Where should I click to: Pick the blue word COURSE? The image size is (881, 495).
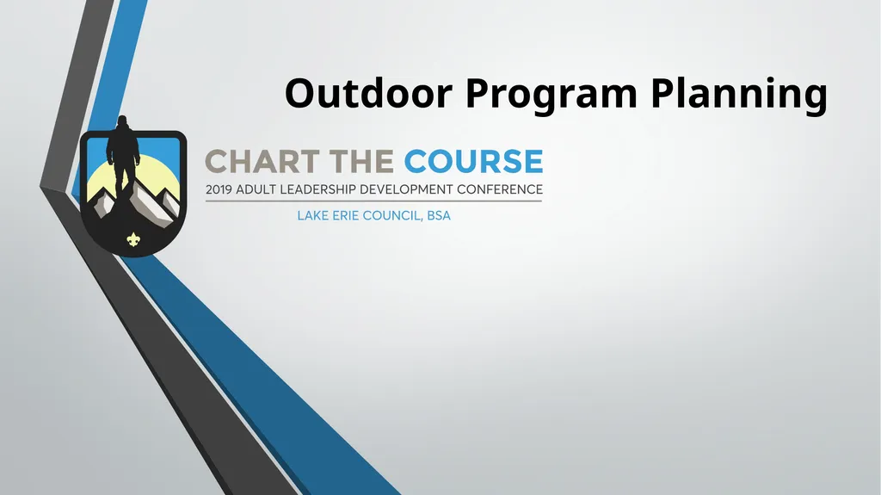pyautogui.click(x=473, y=162)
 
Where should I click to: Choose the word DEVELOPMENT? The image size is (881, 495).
pyautogui.click(x=419, y=189)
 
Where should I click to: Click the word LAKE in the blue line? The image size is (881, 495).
pyautogui.click(x=311, y=216)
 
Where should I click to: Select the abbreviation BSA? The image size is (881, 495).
pyautogui.click(x=438, y=216)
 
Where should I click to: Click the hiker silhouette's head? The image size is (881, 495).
pyautogui.click(x=123, y=121)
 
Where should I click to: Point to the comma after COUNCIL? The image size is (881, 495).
pyautogui.click(x=422, y=220)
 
